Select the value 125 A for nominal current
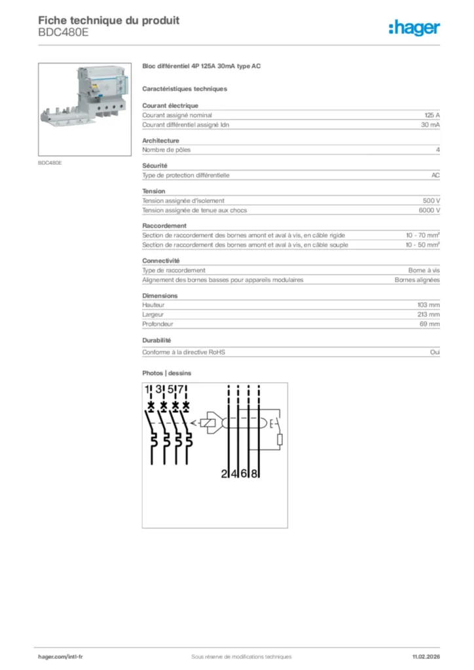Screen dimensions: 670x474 coord(431,115)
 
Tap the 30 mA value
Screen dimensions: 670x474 coord(430,124)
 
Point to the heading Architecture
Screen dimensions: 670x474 coord(160,141)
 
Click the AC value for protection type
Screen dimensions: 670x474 coord(435,175)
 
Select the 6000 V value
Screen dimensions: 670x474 coord(429,210)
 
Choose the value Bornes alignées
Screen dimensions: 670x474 coord(417,279)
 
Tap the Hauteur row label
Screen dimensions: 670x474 coord(153,305)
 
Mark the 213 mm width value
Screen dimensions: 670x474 coord(429,315)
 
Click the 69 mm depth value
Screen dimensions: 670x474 coord(430,324)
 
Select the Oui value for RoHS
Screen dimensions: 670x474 coord(435,352)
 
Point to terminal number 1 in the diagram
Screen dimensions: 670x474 coord(149,391)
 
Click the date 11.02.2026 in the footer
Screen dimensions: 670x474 coord(426,656)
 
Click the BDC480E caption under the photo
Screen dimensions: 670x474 coord(50,162)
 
